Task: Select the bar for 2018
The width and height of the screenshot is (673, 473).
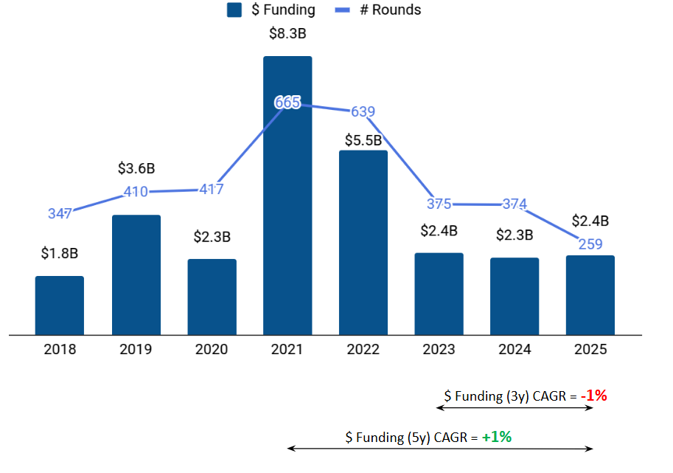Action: tap(60, 305)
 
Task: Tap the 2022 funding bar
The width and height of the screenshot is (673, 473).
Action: tap(363, 243)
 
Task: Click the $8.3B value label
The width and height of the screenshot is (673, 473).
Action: tap(287, 32)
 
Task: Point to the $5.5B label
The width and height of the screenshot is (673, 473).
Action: tap(363, 139)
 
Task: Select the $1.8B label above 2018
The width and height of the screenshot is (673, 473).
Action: tap(60, 253)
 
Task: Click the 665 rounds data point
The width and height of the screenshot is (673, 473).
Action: tap(287, 103)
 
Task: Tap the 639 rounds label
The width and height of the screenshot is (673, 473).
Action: tap(363, 112)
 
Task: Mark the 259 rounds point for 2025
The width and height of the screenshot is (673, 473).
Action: tap(590, 244)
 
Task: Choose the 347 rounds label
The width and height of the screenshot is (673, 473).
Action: tap(60, 214)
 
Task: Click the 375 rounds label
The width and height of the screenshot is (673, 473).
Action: tap(439, 204)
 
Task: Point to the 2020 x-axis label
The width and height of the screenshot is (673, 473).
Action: tap(212, 349)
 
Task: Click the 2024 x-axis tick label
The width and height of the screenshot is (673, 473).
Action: tap(515, 349)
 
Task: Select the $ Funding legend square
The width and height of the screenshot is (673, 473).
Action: tap(235, 10)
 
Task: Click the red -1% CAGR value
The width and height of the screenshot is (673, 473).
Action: tap(593, 396)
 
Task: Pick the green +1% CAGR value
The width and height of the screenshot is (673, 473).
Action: tap(497, 437)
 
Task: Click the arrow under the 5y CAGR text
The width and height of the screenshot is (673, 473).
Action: tap(440, 448)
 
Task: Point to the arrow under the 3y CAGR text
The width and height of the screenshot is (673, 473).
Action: tap(515, 408)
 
